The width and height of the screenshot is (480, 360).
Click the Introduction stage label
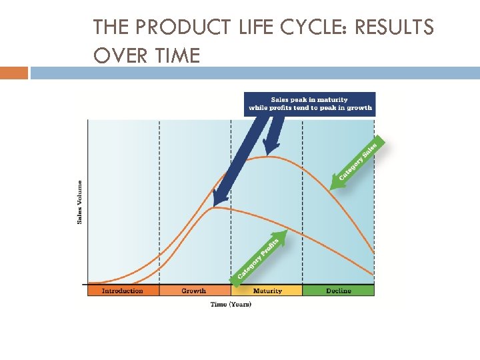click(x=123, y=291)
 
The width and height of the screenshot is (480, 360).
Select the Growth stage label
click(x=194, y=291)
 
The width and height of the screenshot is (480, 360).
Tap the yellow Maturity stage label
click(x=267, y=291)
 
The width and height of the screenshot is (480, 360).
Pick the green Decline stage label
click(x=339, y=291)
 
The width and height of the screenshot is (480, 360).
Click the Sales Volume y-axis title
click(x=80, y=202)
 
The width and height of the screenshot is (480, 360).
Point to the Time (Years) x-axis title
click(x=231, y=304)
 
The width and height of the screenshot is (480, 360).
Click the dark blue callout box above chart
click(x=310, y=104)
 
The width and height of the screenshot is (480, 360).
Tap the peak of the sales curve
click(x=268, y=156)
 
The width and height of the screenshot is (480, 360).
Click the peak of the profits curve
click(x=213, y=207)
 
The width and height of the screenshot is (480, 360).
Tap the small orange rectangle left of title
click(x=14, y=73)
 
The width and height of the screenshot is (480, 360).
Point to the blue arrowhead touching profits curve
click(x=217, y=200)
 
